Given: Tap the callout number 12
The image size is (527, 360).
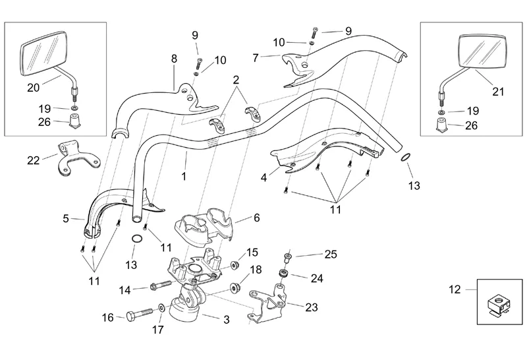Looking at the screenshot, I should tap(453, 289).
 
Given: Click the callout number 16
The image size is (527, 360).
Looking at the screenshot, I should tap(108, 317).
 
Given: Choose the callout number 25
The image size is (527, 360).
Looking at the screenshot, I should tap(330, 254).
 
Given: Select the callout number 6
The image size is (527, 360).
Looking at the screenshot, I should tap(256, 218).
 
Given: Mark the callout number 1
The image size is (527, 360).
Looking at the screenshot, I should tap(184, 176).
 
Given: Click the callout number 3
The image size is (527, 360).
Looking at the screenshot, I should tap(226, 320).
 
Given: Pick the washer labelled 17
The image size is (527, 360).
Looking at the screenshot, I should tap(162, 308).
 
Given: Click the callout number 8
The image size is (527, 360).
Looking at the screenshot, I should tap(174, 59).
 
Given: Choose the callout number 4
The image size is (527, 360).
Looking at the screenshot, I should tap(264, 177).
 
